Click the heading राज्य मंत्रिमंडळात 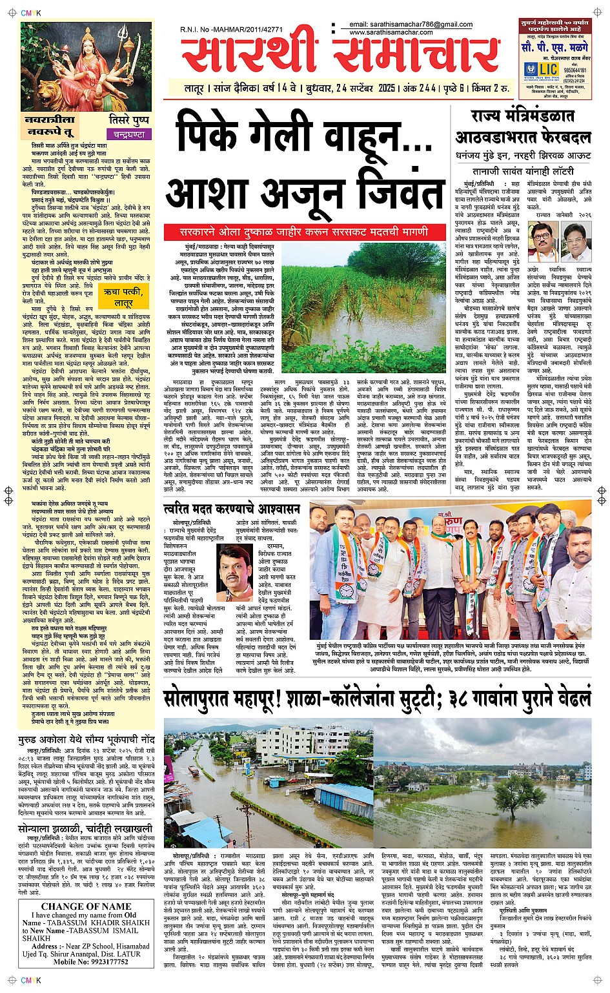pyautogui.click(x=522, y=116)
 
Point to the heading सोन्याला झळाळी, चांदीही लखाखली pyautogui.click(x=85, y=828)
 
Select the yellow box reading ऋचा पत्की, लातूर pyautogui.click(x=123, y=298)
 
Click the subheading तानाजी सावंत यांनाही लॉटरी pyautogui.click(x=523, y=172)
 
